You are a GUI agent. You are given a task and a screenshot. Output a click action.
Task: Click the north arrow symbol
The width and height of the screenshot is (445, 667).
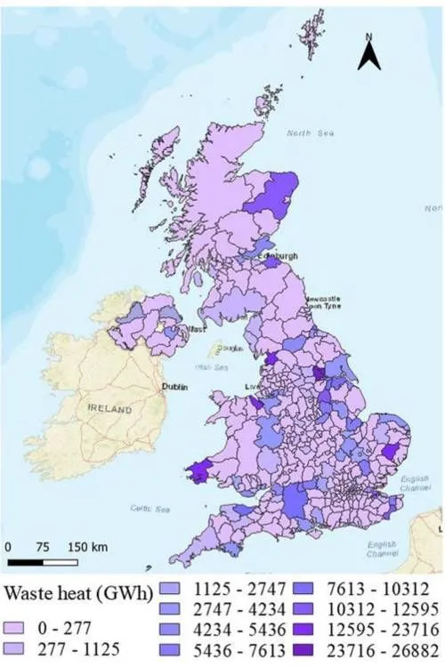(x=369, y=55)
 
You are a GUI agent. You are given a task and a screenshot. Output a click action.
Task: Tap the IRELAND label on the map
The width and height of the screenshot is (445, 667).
(x=111, y=410)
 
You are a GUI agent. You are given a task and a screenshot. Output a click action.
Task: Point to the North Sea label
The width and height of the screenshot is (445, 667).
(x=301, y=133)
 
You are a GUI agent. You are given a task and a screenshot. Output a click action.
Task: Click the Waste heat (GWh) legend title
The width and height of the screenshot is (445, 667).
(x=76, y=593)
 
